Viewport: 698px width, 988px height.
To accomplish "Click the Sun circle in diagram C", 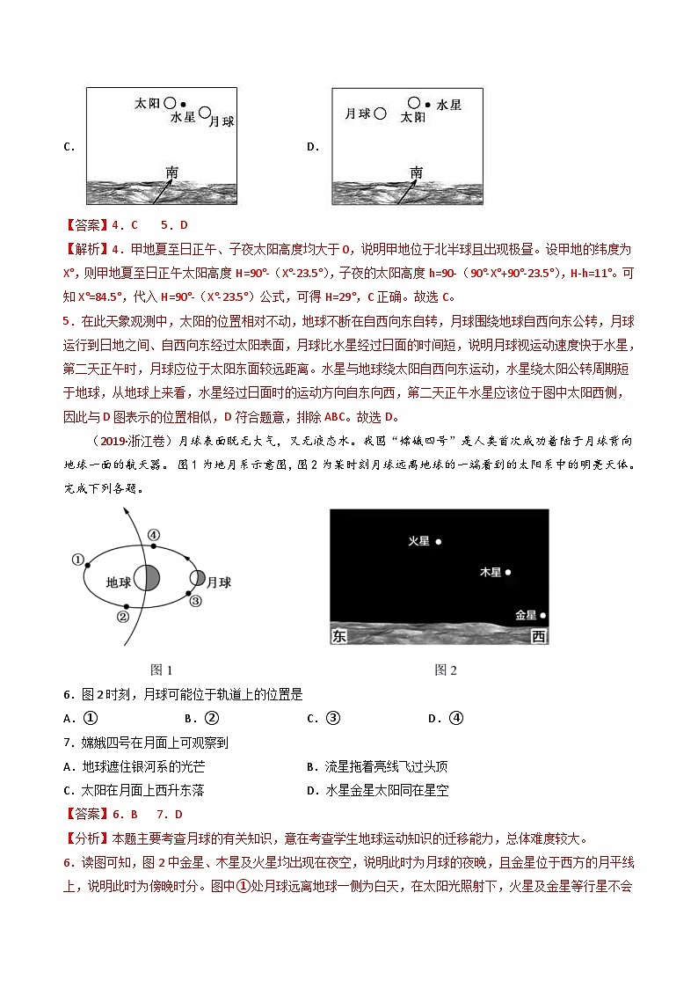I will point(171,103).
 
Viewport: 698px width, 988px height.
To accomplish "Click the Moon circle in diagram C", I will point(205,113).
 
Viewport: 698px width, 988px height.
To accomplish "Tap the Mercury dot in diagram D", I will point(427,104).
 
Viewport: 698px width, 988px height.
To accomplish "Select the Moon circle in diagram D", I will point(380,113).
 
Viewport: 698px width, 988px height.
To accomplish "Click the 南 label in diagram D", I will point(416,172).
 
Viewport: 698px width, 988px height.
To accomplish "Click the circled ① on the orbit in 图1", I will point(77,560).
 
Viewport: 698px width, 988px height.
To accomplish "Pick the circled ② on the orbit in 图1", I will point(123,617).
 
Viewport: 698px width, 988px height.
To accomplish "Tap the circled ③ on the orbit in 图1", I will point(195,600).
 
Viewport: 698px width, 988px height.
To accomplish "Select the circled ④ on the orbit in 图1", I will point(152,534).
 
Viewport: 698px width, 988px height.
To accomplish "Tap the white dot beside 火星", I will point(439,542).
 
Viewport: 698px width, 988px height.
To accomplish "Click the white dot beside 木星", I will point(508,572).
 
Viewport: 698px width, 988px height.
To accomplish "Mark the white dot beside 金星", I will point(543,616).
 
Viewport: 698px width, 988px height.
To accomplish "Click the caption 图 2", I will point(446,670).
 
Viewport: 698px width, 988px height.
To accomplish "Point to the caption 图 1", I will point(162,670).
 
